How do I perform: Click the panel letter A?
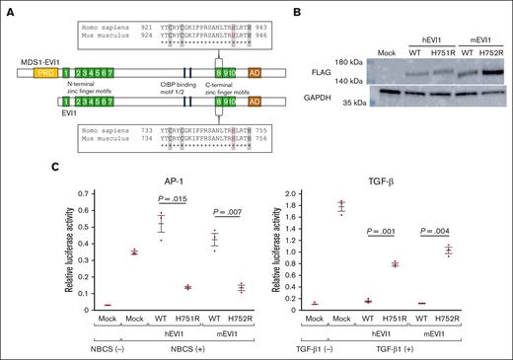click(10, 9)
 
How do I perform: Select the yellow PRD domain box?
click(43, 73)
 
